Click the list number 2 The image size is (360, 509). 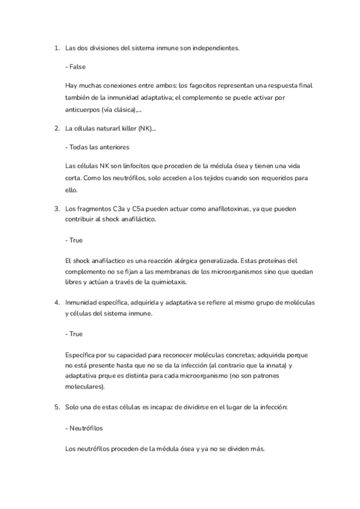coord(56,128)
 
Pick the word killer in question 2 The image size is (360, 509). coord(127,128)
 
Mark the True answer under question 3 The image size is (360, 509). coord(75,240)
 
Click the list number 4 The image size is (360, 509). coord(56,303)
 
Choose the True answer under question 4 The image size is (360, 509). coord(75,334)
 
